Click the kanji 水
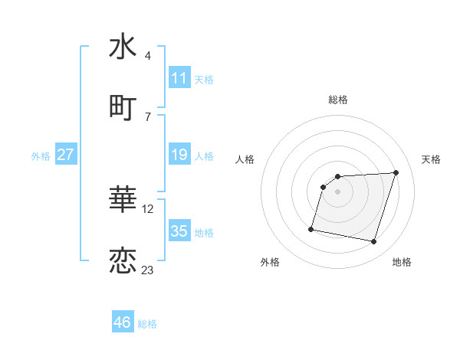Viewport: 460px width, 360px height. point(123,47)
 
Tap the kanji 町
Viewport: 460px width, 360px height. point(123,108)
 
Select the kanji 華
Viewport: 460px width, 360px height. point(123,200)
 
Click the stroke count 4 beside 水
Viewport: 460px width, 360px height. point(148,55)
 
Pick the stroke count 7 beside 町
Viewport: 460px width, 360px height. point(148,116)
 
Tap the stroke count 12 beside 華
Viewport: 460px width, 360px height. point(149,208)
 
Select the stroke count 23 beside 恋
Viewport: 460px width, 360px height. point(148,270)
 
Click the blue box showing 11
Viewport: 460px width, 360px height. point(179,77)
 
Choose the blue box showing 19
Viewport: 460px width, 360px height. point(179,155)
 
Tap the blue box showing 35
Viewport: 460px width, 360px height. point(179,231)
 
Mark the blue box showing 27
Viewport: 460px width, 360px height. point(65,155)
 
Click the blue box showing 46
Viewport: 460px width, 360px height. point(123,322)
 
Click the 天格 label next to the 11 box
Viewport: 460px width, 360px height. point(204,79)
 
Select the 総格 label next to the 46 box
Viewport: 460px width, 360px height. point(147,324)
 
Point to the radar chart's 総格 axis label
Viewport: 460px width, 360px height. point(338,100)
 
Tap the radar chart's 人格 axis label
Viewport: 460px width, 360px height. point(245,159)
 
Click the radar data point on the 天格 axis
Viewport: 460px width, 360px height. point(396,173)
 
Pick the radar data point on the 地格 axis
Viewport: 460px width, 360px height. point(373,242)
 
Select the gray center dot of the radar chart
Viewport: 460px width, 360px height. point(338,192)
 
